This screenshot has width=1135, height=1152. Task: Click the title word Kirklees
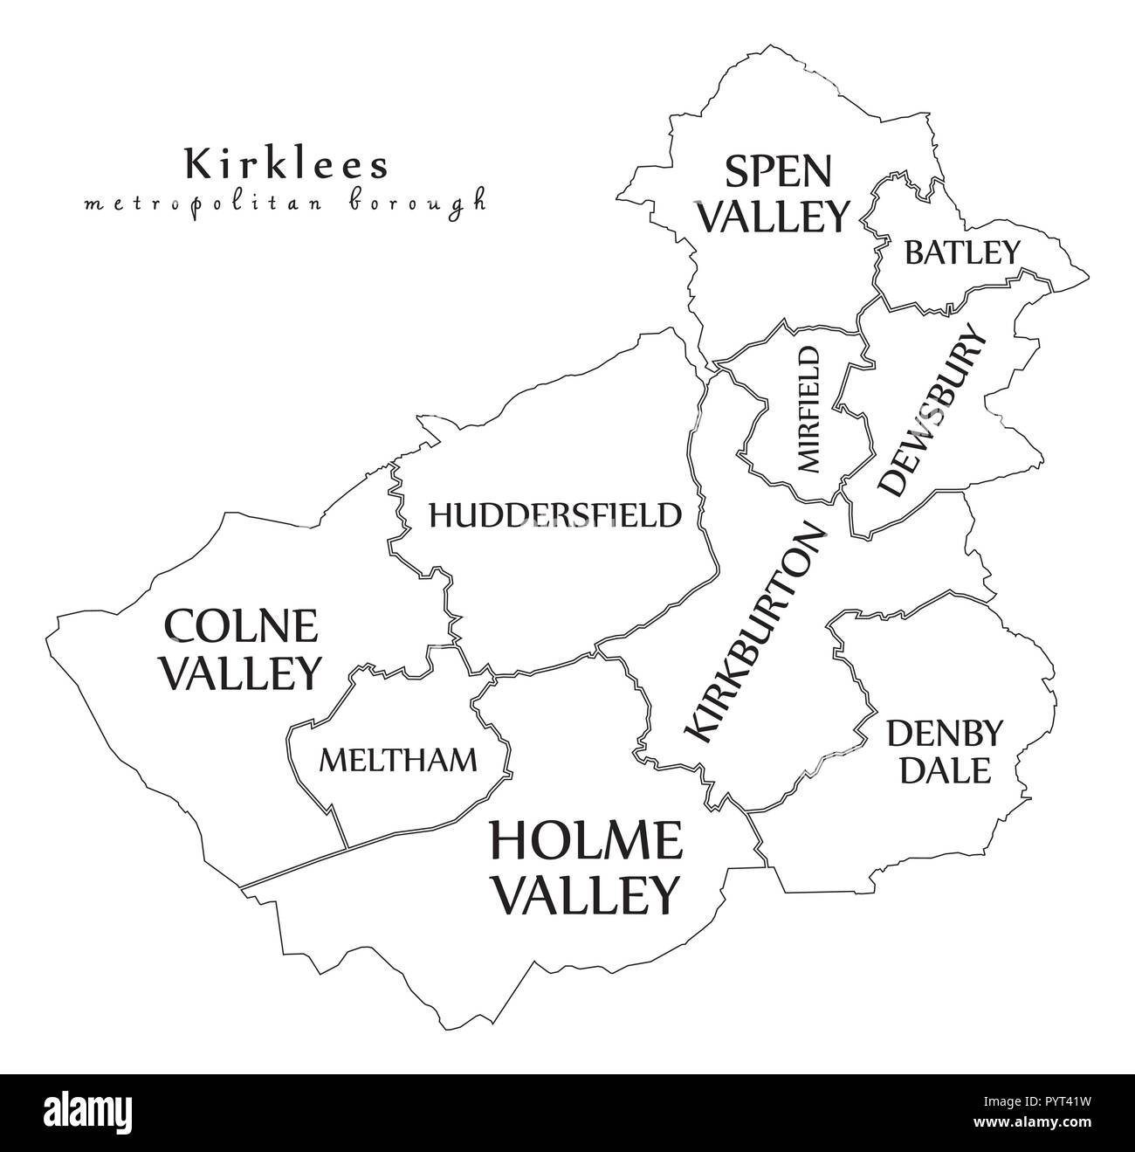[286, 163]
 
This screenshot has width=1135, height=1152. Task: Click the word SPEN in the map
[778, 171]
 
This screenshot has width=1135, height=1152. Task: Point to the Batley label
[961, 252]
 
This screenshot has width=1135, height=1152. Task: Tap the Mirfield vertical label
[808, 409]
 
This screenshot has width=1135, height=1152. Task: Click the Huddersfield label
[554, 515]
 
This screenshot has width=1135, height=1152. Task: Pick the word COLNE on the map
[242, 626]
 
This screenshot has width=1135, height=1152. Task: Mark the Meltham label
[398, 760]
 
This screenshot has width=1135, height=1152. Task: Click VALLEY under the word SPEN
[775, 216]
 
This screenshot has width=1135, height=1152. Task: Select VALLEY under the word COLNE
[243, 672]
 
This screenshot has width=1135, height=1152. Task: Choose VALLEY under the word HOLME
[585, 893]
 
